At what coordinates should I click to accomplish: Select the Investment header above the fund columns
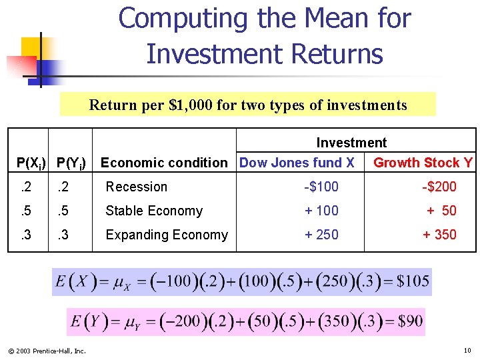click(x=351, y=143)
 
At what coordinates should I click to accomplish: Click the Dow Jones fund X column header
click(x=297, y=163)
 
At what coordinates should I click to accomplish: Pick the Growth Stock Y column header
click(x=423, y=163)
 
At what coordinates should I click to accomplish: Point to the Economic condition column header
click(x=163, y=163)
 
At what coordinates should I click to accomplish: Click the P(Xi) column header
click(x=31, y=163)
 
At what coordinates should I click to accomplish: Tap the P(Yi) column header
click(x=71, y=163)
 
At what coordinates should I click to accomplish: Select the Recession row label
click(x=136, y=187)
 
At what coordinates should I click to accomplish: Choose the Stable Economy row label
click(x=153, y=211)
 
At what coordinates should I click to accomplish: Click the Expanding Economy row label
click(x=166, y=235)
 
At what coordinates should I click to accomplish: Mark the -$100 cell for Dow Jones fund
click(x=321, y=187)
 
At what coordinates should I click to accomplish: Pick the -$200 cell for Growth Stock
click(x=439, y=187)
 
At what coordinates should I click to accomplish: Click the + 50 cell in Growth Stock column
click(x=441, y=211)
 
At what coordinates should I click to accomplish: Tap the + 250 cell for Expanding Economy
click(x=321, y=235)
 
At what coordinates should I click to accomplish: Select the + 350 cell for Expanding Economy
click(x=439, y=235)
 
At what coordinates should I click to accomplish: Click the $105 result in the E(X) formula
click(x=413, y=281)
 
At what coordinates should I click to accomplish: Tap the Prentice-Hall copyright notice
click(x=47, y=351)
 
